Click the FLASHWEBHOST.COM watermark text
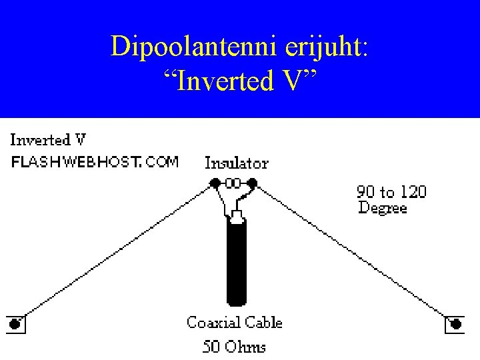click(x=95, y=162)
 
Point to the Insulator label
click(x=236, y=163)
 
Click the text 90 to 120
click(x=392, y=193)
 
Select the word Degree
click(x=383, y=207)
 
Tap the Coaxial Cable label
click(x=235, y=323)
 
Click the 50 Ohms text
click(x=234, y=347)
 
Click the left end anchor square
click(x=15, y=324)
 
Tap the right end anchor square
click(x=455, y=324)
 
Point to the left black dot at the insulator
click(x=216, y=182)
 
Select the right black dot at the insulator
click(x=252, y=182)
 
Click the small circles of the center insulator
click(x=234, y=182)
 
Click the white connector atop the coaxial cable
click(x=237, y=216)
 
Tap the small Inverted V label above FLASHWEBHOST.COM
click(x=48, y=140)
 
